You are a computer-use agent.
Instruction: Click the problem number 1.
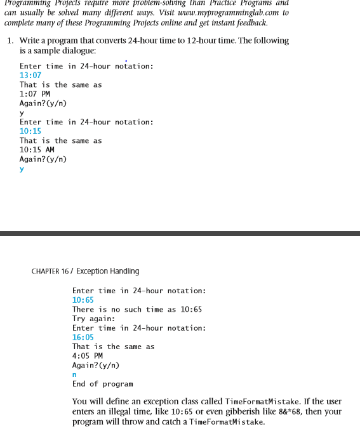click(x=10, y=40)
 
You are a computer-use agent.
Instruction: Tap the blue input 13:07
click(x=30, y=76)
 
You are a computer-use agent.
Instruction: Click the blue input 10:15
click(x=30, y=131)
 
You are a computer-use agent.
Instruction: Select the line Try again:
click(x=93, y=318)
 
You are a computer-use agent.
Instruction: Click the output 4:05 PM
click(x=88, y=355)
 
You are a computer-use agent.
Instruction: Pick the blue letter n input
click(x=75, y=375)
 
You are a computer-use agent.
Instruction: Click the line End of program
click(x=102, y=384)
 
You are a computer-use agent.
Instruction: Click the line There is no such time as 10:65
click(x=137, y=309)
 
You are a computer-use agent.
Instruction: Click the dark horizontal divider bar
click(x=180, y=234)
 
